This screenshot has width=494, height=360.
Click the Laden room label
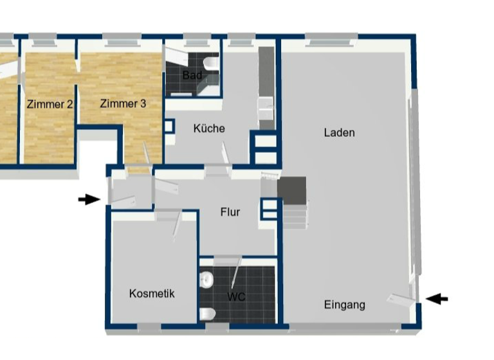point(339,133)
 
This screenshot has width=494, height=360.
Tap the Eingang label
point(344,305)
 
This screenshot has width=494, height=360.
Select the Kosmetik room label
point(152,294)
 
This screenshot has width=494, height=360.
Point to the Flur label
point(230,212)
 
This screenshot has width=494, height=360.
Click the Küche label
point(209,129)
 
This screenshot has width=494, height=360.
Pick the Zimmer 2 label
point(50,104)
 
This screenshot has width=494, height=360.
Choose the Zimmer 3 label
point(123,103)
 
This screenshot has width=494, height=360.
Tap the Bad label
point(192,76)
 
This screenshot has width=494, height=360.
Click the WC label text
point(236,297)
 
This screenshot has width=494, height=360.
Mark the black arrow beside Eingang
point(437,298)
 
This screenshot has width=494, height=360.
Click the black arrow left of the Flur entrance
point(89,199)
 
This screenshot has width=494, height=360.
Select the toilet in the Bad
point(210,64)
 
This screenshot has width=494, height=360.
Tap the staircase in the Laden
point(293,203)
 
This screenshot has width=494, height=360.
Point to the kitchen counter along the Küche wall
point(266,87)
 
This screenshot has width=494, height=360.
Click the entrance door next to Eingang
point(399,298)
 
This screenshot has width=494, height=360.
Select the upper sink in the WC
point(206,280)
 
